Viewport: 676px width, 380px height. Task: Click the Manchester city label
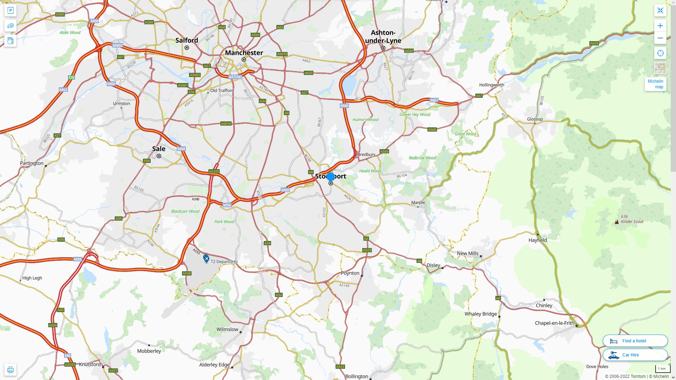244,53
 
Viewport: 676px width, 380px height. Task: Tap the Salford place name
187,40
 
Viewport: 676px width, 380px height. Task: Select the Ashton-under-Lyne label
383,37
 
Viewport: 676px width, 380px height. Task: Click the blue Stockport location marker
330,177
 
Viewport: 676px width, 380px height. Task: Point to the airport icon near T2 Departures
206,259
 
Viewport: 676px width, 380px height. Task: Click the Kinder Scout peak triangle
616,222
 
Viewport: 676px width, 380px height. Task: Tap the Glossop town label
535,119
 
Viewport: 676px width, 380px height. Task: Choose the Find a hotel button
635,341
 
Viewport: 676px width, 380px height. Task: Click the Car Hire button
635,355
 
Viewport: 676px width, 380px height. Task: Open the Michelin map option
655,84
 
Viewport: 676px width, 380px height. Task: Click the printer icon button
10,370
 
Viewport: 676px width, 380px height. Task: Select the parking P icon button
10,11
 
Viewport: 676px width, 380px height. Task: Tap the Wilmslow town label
227,330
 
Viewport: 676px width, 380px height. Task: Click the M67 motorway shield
434,100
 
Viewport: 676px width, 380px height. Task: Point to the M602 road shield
118,45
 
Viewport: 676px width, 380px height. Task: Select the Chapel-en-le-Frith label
555,323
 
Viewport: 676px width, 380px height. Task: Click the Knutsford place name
90,365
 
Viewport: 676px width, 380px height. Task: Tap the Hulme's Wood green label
365,120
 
